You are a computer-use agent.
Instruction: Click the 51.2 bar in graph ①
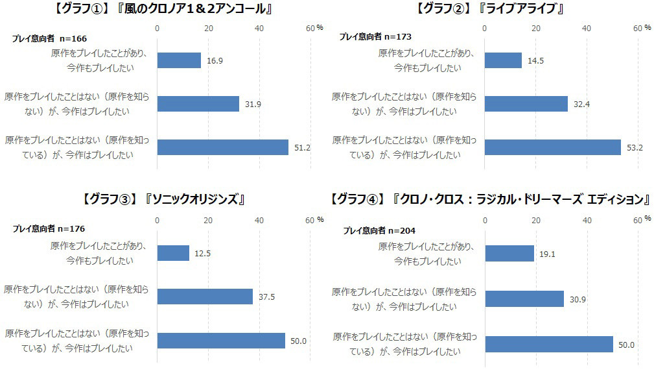222,147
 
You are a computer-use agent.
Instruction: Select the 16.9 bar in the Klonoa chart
179,60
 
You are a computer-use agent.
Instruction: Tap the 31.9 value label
253,104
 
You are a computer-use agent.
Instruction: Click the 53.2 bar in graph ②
552,147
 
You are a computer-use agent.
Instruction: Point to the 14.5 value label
535,60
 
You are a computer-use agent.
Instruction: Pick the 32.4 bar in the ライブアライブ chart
526,104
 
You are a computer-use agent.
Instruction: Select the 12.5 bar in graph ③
173,253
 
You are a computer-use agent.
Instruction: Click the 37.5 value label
267,297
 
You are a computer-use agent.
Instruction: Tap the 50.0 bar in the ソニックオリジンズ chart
221,341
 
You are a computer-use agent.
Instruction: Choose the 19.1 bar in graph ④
509,254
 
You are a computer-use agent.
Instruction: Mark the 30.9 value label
578,298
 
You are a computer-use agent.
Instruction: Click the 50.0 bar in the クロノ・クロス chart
548,344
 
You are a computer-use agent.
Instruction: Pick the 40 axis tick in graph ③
259,221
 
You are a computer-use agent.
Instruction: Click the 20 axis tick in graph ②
535,28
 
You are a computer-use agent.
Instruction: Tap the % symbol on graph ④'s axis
648,218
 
